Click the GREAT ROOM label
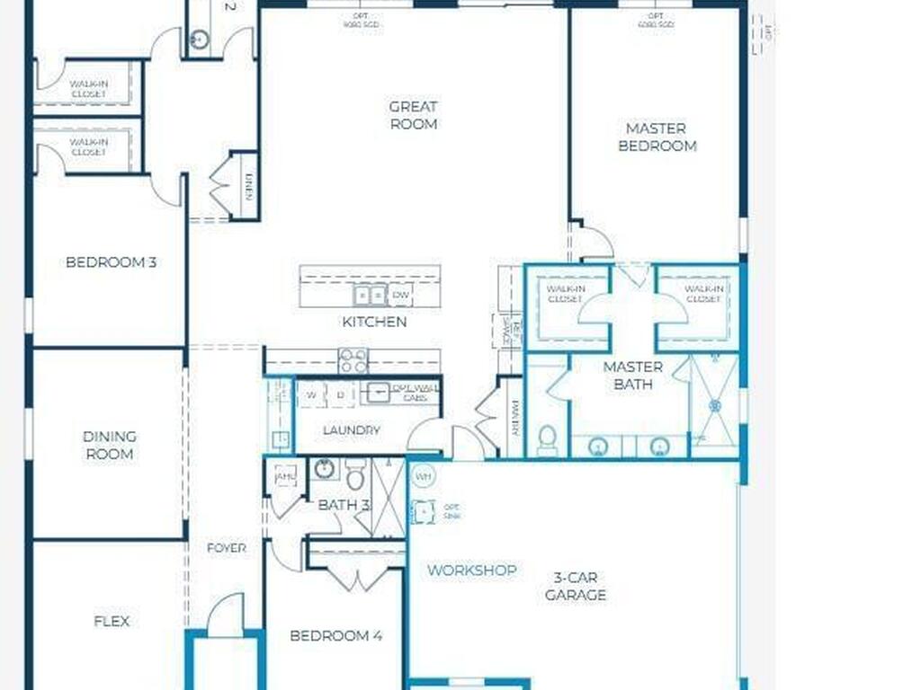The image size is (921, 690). point(413,115)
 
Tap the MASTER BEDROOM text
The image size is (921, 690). point(657,137)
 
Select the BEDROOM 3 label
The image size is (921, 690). point(112,262)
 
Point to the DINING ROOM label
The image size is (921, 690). point(110,445)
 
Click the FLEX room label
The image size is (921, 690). point(112,621)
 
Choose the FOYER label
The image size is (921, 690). point(226,548)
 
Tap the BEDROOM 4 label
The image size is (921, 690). point(335,636)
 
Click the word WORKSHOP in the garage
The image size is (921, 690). point(471,571)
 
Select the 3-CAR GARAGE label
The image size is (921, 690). point(576,586)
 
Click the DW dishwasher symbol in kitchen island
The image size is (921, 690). point(401,295)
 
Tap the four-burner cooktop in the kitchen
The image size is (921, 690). point(353,360)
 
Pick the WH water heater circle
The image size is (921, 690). point(422,474)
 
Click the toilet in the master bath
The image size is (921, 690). point(547,440)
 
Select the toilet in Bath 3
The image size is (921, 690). point(355,475)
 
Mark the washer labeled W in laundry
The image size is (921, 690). point(311,394)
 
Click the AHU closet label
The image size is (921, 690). point(285,476)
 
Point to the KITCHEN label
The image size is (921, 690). point(373,322)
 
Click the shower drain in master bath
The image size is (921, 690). point(715,406)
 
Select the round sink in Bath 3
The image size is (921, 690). point(324,469)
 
